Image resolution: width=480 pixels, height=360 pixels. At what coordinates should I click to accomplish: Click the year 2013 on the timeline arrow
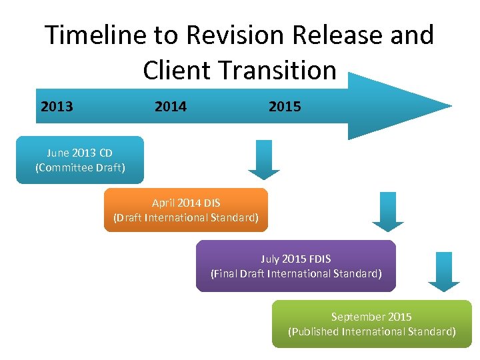click(57, 106)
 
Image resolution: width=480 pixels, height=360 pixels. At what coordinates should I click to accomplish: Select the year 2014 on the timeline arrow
click(171, 106)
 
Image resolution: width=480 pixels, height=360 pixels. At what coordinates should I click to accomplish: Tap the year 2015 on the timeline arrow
click(285, 106)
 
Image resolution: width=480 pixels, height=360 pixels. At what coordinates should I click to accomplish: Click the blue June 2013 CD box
click(80, 160)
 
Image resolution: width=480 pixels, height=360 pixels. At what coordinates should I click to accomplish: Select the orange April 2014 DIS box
click(186, 210)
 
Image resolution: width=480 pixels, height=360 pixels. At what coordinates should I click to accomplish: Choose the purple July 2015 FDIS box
click(296, 266)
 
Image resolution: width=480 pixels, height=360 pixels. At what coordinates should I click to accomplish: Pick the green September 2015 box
click(371, 324)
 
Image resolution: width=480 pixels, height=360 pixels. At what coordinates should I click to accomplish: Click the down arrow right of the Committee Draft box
click(264, 160)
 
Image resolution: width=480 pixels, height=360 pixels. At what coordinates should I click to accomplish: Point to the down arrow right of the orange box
click(388, 211)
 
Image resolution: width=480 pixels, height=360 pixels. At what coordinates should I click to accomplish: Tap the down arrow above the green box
click(444, 271)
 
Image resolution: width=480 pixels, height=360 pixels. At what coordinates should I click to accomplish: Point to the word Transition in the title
click(280, 70)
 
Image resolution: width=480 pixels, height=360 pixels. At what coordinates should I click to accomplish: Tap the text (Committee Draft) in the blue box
click(80, 167)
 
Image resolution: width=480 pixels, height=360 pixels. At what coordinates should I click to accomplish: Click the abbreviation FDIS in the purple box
click(319, 259)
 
